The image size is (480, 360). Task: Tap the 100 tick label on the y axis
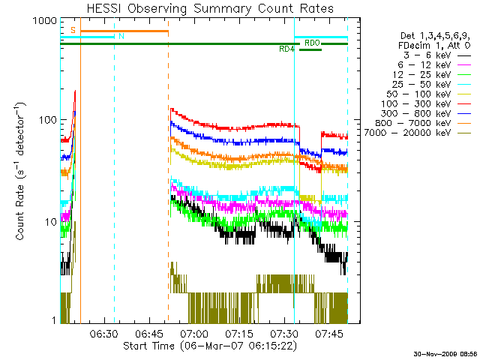point(46,121)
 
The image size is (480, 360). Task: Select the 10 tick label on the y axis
point(49,223)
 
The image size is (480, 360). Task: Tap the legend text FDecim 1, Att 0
point(435,46)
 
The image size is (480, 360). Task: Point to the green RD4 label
point(286,49)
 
